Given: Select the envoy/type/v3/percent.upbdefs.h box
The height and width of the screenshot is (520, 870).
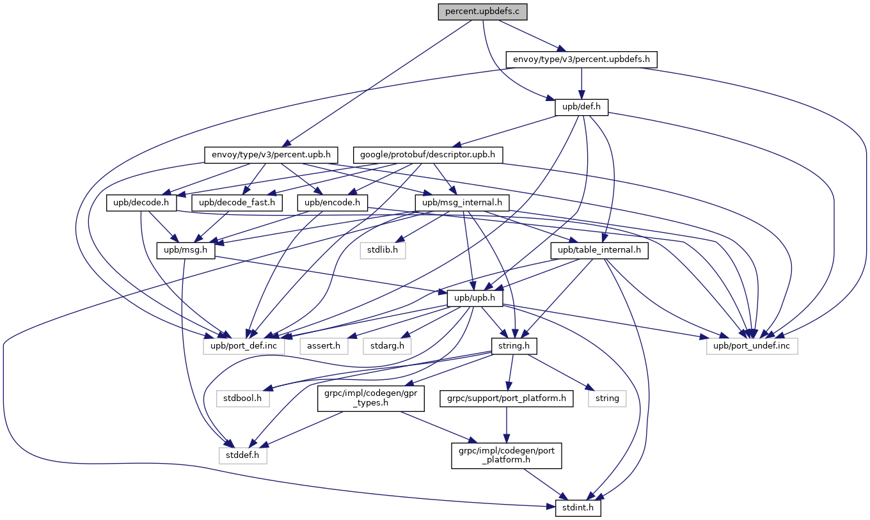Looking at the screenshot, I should point(581,59).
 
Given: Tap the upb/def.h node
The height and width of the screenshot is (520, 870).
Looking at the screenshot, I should point(581,107).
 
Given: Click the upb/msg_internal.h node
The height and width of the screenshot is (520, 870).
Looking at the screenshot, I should point(463,203).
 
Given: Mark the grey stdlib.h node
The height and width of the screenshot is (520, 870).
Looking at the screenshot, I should point(383,250).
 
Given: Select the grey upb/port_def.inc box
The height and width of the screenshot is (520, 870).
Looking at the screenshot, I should point(249,346).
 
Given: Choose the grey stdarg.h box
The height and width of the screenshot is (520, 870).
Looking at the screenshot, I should point(388,346).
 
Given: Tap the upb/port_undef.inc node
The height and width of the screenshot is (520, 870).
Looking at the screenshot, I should point(752,346).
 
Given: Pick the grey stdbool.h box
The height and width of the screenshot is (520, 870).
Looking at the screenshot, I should point(242,398).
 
